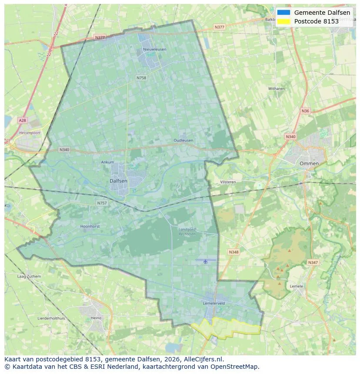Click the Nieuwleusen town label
[154, 50]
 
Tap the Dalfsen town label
[118, 181]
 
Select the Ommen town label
[309, 164]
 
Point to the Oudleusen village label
[183, 141]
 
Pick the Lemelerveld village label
[213, 303]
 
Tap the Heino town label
[96, 318]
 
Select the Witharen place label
[277, 89]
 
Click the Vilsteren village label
[228, 182]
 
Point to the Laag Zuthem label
[29, 276]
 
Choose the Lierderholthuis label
[51, 318]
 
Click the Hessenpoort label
[30, 132]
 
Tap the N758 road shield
[141, 78]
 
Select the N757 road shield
[102, 203]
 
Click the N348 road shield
[233, 252]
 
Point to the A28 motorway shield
[22, 120]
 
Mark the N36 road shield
[305, 111]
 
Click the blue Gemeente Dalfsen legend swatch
[283, 13]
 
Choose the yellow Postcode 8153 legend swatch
[283, 21]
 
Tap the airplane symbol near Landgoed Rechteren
[205, 261]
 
